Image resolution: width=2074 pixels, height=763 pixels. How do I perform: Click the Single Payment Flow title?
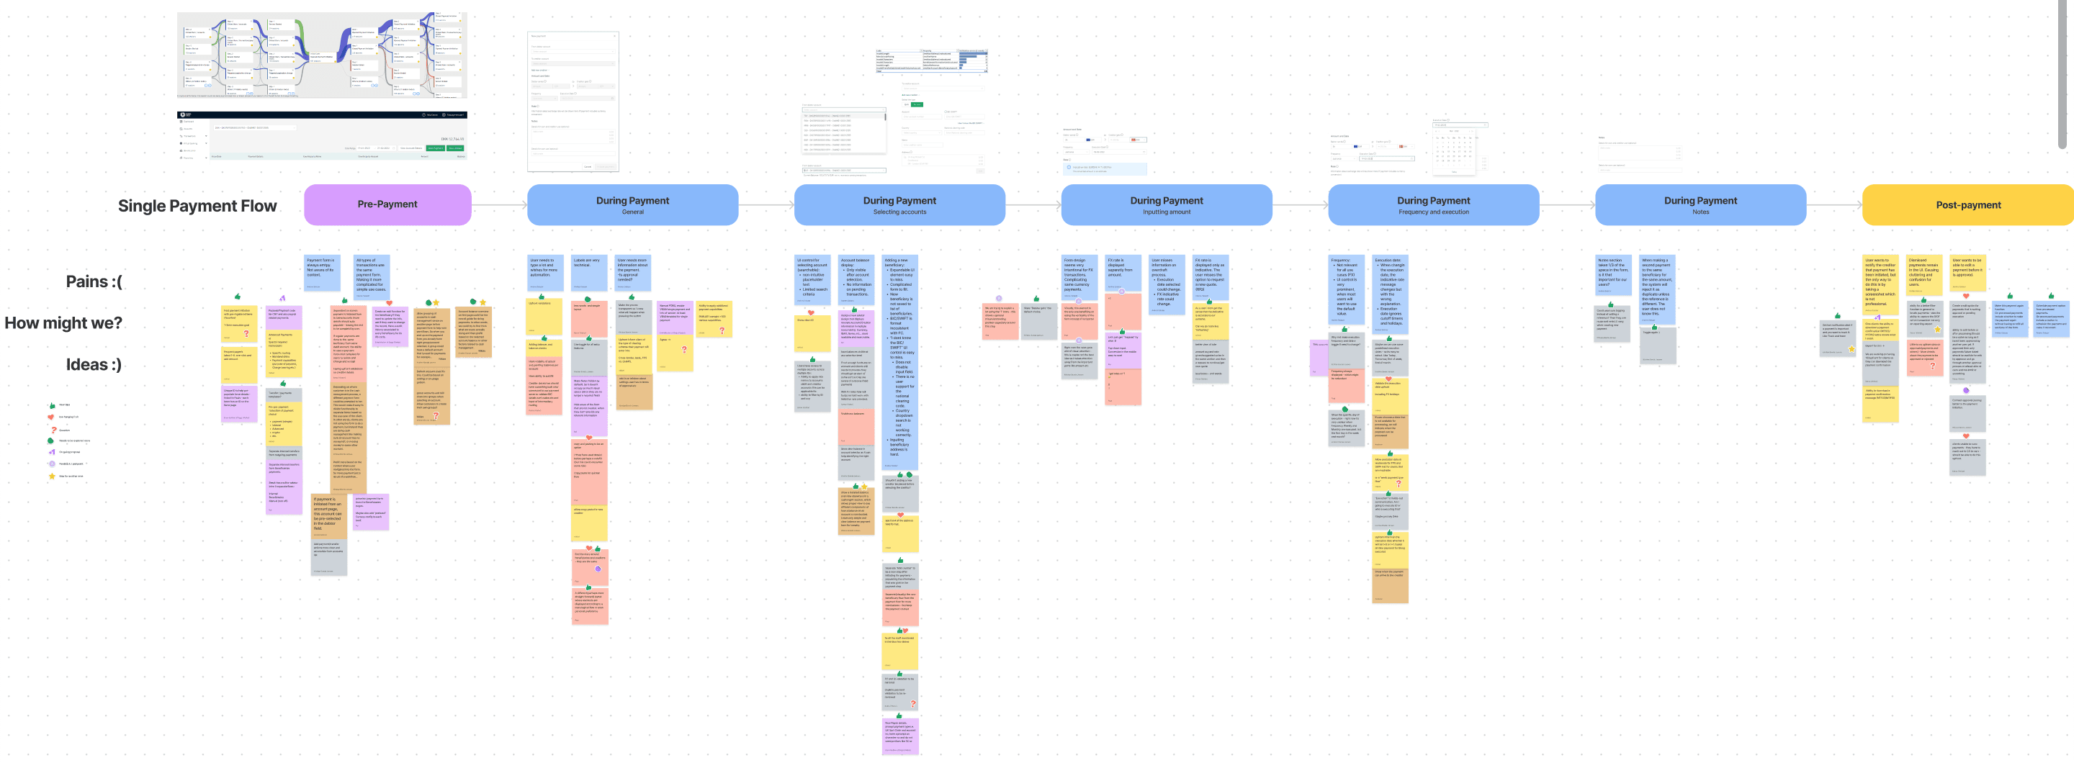(x=197, y=206)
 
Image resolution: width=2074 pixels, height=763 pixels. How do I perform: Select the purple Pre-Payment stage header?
(x=387, y=204)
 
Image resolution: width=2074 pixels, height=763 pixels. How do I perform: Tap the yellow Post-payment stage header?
(x=1967, y=205)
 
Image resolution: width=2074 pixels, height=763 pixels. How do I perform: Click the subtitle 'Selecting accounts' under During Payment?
(x=899, y=212)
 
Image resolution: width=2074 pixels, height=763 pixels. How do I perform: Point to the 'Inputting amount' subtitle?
(x=1166, y=212)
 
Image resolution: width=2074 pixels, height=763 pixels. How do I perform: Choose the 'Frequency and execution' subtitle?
(x=1433, y=212)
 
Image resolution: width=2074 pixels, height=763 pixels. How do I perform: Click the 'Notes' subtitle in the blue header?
(x=1700, y=212)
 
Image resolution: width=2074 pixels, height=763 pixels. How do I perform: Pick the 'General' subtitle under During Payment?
(x=632, y=212)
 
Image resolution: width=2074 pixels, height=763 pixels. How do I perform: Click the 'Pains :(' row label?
(x=94, y=281)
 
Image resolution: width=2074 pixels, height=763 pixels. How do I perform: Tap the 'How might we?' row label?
(x=63, y=322)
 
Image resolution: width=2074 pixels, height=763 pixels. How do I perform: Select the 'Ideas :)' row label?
(x=94, y=365)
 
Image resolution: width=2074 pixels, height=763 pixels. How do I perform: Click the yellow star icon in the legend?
(x=52, y=476)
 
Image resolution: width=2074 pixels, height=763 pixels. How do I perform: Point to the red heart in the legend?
(x=52, y=417)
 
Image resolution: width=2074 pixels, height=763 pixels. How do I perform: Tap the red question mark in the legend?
(x=53, y=429)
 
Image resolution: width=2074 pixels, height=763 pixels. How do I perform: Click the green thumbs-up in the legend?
(x=53, y=405)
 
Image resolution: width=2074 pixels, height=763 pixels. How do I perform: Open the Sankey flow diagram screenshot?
(x=322, y=55)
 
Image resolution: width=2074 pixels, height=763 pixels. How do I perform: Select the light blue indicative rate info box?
(x=1105, y=169)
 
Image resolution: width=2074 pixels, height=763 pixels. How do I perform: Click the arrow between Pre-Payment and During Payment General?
(x=499, y=205)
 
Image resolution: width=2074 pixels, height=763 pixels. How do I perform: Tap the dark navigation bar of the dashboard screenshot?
(x=322, y=115)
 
